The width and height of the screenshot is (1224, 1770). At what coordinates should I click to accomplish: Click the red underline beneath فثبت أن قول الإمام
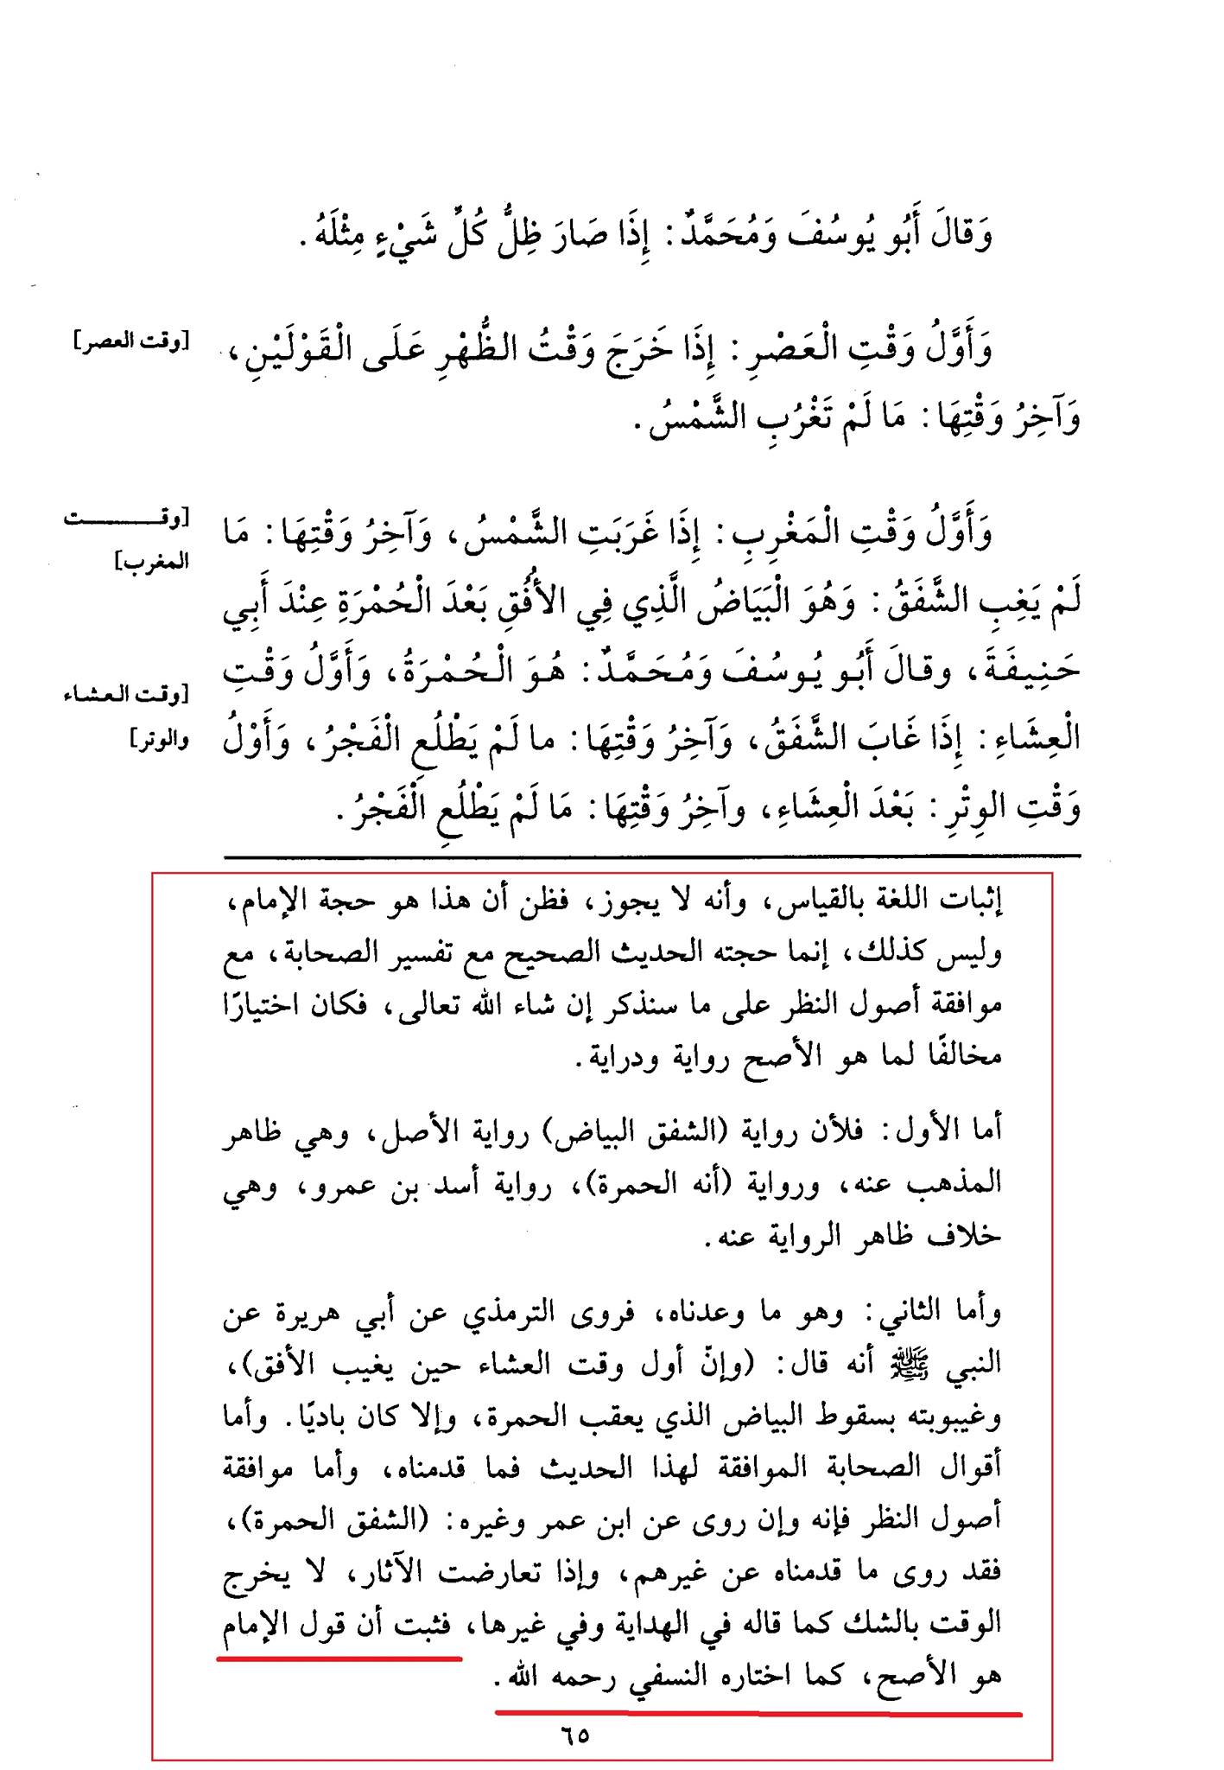339,1657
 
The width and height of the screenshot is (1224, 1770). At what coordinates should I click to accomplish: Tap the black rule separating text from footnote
651,856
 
